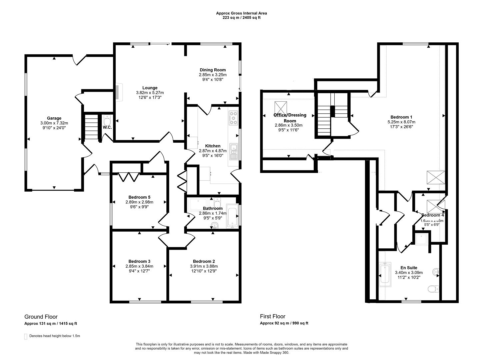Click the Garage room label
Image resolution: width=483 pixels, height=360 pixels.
click(54, 118)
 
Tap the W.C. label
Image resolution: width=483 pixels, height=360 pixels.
click(107, 127)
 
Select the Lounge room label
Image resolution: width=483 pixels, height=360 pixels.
click(150, 88)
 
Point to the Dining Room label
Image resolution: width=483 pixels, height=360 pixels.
click(213, 70)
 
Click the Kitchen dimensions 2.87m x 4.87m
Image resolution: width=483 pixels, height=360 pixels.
click(213, 151)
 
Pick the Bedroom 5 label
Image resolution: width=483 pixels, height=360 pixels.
click(139, 197)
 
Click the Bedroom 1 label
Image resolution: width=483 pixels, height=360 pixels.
click(401, 117)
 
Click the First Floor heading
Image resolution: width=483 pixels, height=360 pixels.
click(273, 316)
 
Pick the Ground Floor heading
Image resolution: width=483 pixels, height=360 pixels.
click(41, 317)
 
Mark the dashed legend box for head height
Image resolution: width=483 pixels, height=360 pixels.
click(26, 336)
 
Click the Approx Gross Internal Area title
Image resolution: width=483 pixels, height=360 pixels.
click(241, 13)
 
